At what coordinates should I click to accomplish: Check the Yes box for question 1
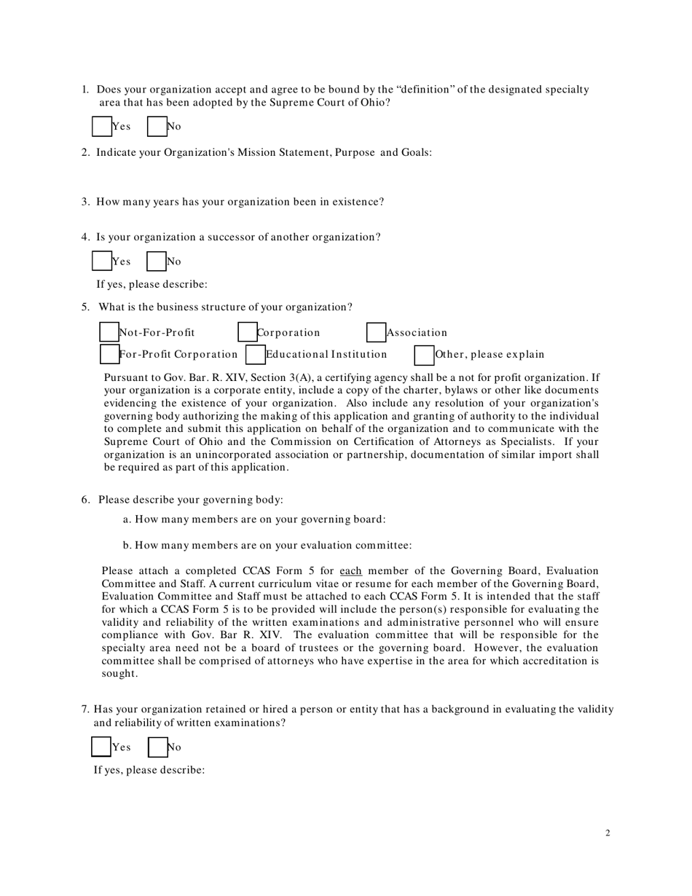pyautogui.click(x=101, y=127)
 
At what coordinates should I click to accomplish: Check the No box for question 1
pyautogui.click(x=157, y=127)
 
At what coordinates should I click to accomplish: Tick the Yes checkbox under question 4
pyautogui.click(x=101, y=261)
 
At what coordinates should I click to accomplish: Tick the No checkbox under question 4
pyautogui.click(x=156, y=261)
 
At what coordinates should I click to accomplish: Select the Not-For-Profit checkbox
pyautogui.click(x=109, y=332)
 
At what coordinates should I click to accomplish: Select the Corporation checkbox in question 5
pyautogui.click(x=248, y=332)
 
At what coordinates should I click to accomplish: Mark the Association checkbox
pyautogui.click(x=375, y=332)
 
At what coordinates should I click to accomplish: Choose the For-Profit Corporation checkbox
pyautogui.click(x=109, y=355)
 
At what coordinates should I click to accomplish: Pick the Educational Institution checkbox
pyautogui.click(x=255, y=355)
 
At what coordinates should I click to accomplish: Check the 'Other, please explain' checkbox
pyautogui.click(x=424, y=355)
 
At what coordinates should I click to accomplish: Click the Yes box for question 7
pyautogui.click(x=101, y=747)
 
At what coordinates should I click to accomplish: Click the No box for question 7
pyautogui.click(x=157, y=747)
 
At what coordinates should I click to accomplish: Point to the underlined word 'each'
pyautogui.click(x=351, y=571)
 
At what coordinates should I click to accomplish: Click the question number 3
pyautogui.click(x=85, y=202)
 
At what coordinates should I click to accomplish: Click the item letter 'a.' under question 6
pyautogui.click(x=127, y=519)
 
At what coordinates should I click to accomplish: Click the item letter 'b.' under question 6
pyautogui.click(x=127, y=545)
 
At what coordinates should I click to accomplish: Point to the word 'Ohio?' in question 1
pyautogui.click(x=375, y=103)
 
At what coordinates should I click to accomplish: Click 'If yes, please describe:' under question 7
pyautogui.click(x=149, y=770)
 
